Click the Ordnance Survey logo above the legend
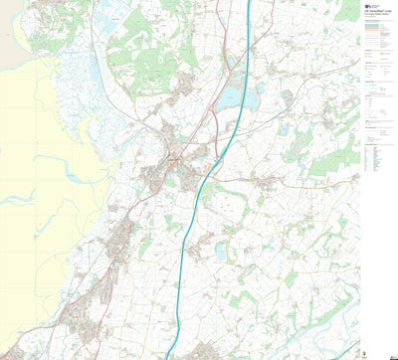point(372,5)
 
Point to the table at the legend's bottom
point(374,155)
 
